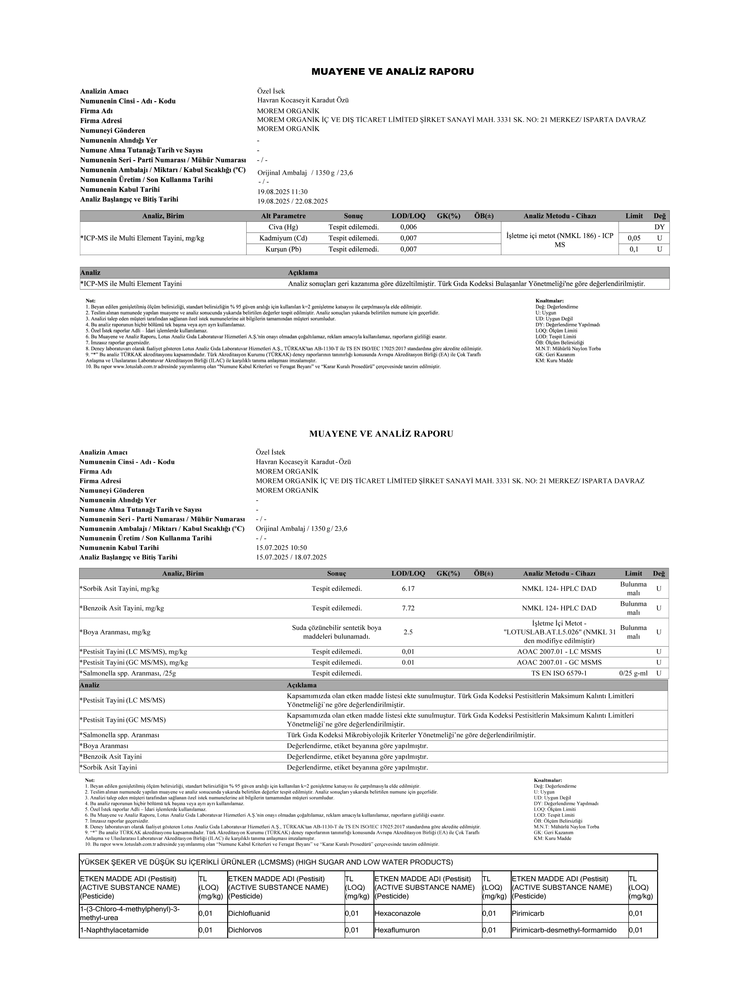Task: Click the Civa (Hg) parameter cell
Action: pos(283,227)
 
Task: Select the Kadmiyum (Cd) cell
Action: pos(283,238)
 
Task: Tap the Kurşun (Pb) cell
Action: pos(283,249)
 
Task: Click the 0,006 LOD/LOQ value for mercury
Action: pos(408,227)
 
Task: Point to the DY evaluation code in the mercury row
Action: pos(659,227)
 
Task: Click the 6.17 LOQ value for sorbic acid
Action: pos(408,589)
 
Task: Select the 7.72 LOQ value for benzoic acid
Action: pos(408,608)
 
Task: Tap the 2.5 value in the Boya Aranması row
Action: pos(408,632)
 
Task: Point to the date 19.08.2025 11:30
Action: pos(282,192)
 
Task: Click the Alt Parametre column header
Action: pos(283,216)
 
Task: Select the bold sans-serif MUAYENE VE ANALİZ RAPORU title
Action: pos(392,72)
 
